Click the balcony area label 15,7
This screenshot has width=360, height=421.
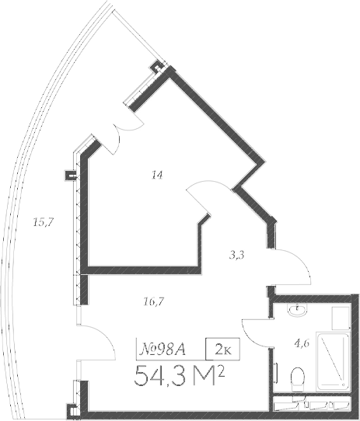coord(42,223)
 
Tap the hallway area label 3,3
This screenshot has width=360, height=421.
coord(237,254)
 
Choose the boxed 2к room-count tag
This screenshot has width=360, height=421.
coord(222,348)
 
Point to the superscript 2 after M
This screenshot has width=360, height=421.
coord(222,371)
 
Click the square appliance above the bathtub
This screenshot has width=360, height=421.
coord(339,318)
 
